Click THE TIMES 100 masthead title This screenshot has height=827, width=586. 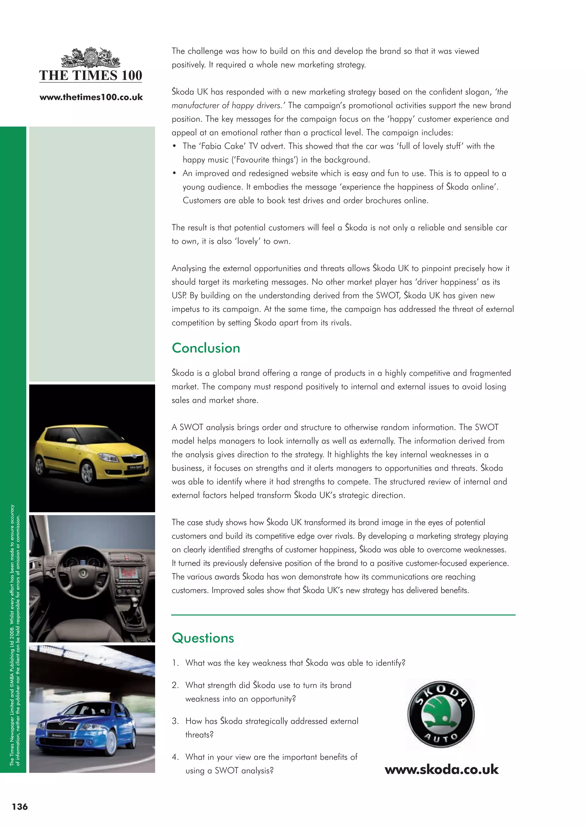click(91, 76)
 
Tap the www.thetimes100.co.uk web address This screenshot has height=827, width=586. click(91, 97)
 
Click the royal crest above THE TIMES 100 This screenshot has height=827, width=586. click(91, 58)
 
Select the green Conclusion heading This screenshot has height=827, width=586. click(206, 348)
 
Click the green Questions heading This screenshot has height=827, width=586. click(203, 638)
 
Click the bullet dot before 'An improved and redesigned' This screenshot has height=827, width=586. click(175, 173)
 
